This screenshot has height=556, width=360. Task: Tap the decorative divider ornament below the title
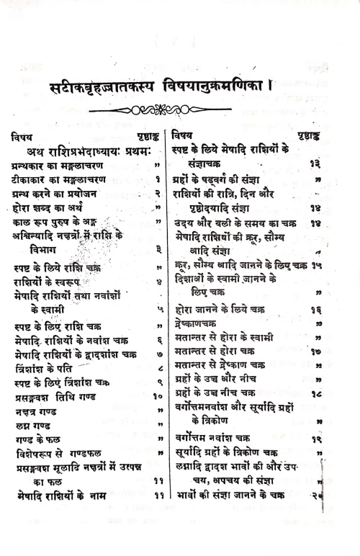point(179,110)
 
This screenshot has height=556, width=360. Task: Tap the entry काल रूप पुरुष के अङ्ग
point(58,225)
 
